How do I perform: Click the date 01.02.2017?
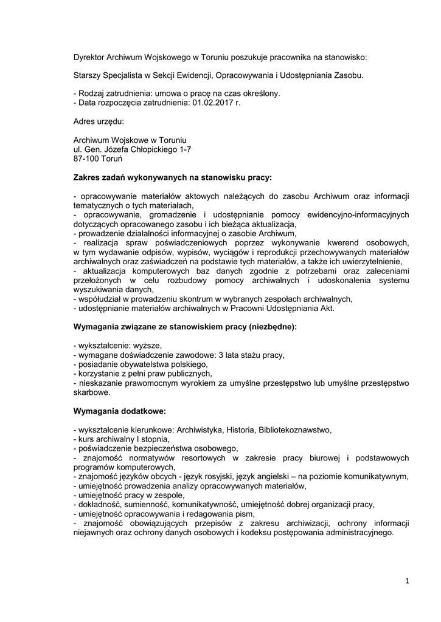pos(206,103)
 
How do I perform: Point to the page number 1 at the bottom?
pos(408,581)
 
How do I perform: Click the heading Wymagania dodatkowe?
pos(115,411)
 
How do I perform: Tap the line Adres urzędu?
pos(98,121)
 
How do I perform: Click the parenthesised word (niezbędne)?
pos(271,327)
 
